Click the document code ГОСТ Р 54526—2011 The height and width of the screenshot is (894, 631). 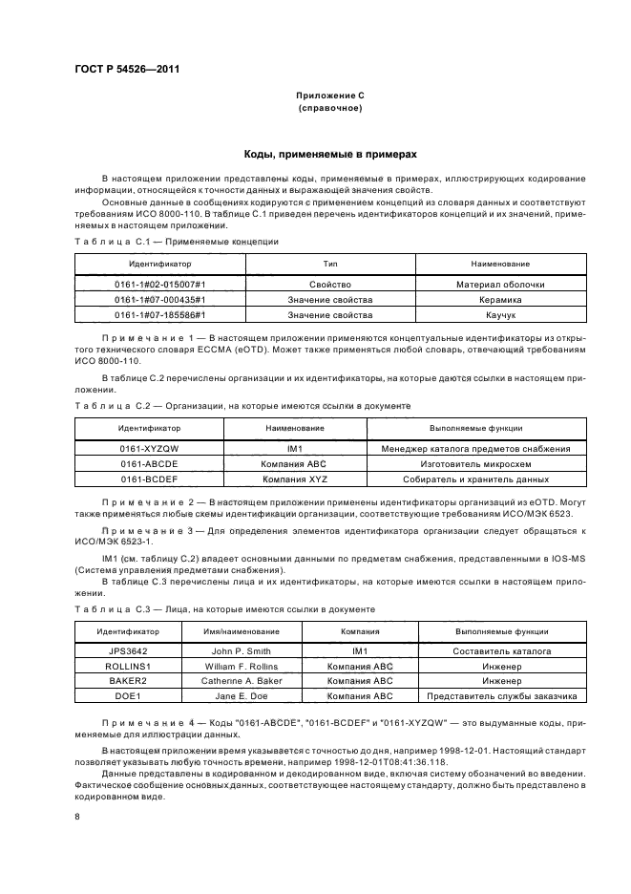tap(127, 69)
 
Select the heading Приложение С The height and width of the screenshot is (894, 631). tap(329, 96)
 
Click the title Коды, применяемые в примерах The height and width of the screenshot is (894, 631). tap(329, 154)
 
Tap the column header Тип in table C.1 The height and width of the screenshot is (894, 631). tap(330, 262)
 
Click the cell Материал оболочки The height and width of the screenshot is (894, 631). tap(500, 284)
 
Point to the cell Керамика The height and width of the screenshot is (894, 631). tap(500, 299)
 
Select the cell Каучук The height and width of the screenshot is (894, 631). tap(500, 313)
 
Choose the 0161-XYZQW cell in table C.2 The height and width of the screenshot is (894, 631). tap(149, 448)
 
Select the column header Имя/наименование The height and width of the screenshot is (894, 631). tap(241, 630)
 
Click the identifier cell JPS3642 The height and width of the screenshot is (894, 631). tap(125, 650)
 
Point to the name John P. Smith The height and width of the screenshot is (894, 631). tap(241, 650)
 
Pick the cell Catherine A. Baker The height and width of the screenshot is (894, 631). tap(241, 681)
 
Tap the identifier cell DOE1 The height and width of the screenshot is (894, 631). tap(125, 695)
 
